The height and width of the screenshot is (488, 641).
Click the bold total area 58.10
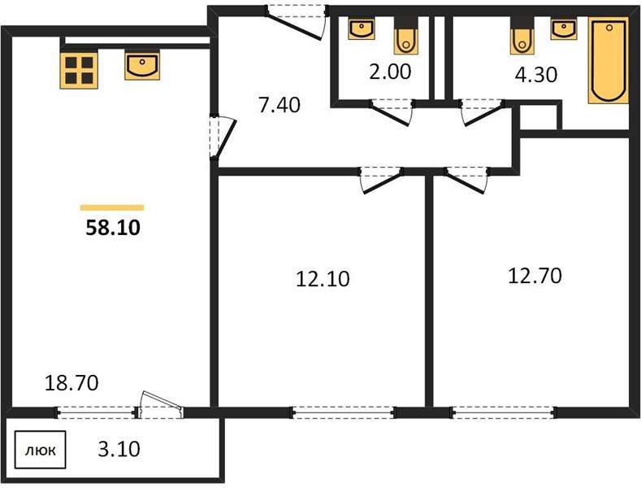[113, 228]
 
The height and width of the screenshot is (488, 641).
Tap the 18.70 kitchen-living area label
[71, 383]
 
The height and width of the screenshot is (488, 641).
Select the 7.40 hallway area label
[279, 105]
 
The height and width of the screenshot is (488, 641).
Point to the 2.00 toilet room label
[390, 72]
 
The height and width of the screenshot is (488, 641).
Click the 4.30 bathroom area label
[536, 75]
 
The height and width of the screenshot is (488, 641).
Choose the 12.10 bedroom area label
[323, 279]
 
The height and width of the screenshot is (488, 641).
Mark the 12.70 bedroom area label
[535, 276]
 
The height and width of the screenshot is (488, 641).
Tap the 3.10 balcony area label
[119, 449]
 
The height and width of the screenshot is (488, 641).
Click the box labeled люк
[41, 450]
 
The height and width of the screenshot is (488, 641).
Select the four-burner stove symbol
[79, 70]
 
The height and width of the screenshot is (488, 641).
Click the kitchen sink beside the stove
[142, 66]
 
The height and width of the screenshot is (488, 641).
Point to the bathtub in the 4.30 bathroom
[609, 60]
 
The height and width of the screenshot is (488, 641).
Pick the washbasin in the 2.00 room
[362, 28]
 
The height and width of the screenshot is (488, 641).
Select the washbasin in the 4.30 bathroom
[564, 28]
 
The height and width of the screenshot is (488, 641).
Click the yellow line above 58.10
[112, 207]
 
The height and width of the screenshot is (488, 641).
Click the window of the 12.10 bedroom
[343, 412]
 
